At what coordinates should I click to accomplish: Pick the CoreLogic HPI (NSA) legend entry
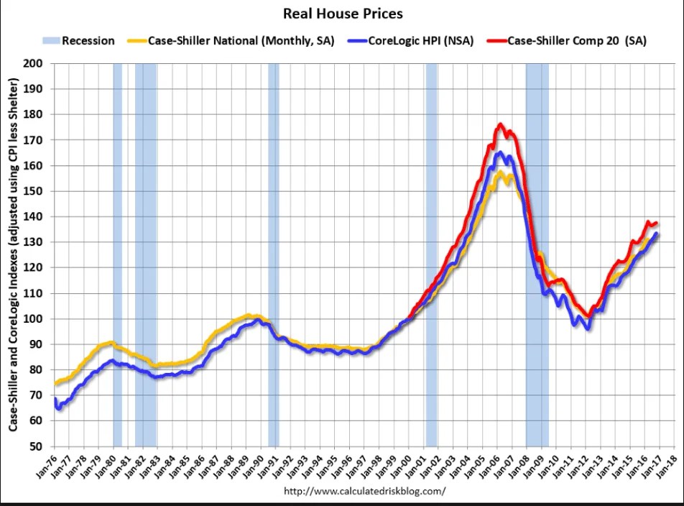click(420, 41)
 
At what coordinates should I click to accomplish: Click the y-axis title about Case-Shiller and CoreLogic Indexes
click(14, 254)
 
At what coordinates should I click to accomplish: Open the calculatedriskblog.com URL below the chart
click(365, 492)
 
